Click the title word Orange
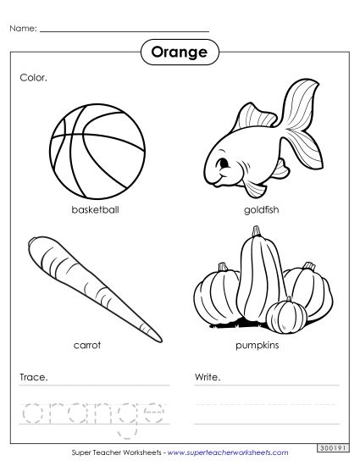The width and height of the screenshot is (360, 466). pyautogui.click(x=180, y=53)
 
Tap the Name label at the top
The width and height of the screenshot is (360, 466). pyautogui.click(x=23, y=29)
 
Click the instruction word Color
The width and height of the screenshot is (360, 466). pyautogui.click(x=33, y=77)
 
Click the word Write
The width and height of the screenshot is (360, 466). pyautogui.click(x=208, y=375)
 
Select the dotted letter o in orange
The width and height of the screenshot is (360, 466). pyautogui.click(x=34, y=410)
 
